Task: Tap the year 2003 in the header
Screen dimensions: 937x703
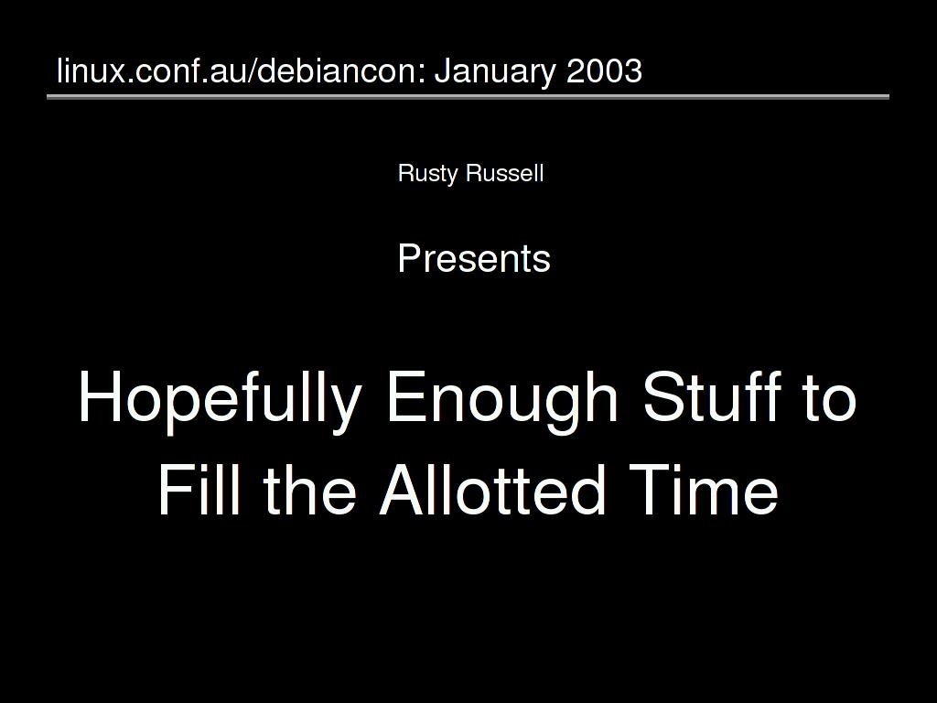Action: pos(604,70)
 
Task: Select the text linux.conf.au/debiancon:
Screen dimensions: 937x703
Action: pos(241,70)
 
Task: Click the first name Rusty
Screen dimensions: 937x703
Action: pos(428,174)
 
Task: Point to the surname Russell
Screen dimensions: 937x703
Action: pos(505,173)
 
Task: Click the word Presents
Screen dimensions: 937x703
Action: pos(474,258)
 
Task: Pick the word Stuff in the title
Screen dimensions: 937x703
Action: pos(712,395)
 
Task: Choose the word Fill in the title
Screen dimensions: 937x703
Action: pos(199,488)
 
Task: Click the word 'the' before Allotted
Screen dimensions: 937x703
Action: pos(309,488)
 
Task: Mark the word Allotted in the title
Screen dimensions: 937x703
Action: pos(492,488)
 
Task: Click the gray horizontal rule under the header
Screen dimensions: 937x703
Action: pos(468,96)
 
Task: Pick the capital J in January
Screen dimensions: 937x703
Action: pos(443,70)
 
